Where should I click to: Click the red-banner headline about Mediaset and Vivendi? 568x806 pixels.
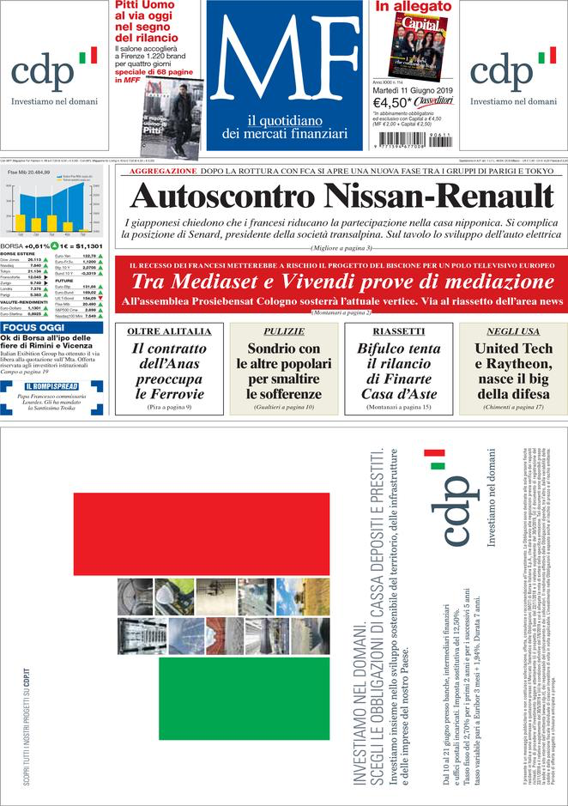click(341, 282)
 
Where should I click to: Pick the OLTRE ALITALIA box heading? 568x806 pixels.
click(169, 331)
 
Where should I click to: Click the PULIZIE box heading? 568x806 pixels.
click(284, 331)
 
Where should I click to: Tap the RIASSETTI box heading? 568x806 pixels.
click(398, 331)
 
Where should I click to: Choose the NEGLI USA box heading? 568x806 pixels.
click(513, 331)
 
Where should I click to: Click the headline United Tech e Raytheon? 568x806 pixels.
click(513, 372)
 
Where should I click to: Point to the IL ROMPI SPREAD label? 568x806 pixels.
click(51, 385)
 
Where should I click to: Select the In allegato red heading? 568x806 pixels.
click(413, 7)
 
